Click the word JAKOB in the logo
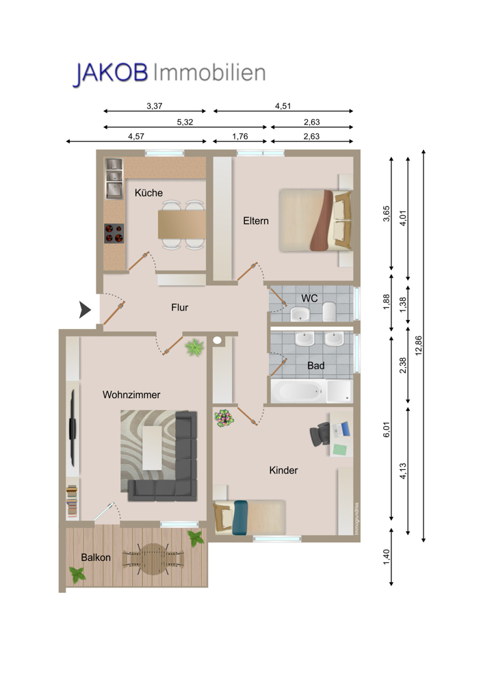[x=110, y=73]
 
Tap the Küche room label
[x=148, y=193]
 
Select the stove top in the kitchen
[x=114, y=233]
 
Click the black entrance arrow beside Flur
[x=85, y=310]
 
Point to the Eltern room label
[x=256, y=221]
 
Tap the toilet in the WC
[x=329, y=311]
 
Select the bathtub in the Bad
[x=298, y=391]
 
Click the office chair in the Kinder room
[x=319, y=434]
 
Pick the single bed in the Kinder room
[x=249, y=517]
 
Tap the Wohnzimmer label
[x=131, y=395]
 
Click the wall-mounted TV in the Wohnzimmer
[x=73, y=428]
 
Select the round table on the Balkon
[x=153, y=558]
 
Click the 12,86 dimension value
[x=419, y=345]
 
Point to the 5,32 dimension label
[x=185, y=122]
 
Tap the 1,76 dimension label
[x=240, y=137]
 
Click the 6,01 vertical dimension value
[x=387, y=430]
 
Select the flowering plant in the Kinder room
[x=224, y=418]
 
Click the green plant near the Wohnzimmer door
[x=194, y=347]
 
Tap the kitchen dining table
[x=181, y=224]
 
